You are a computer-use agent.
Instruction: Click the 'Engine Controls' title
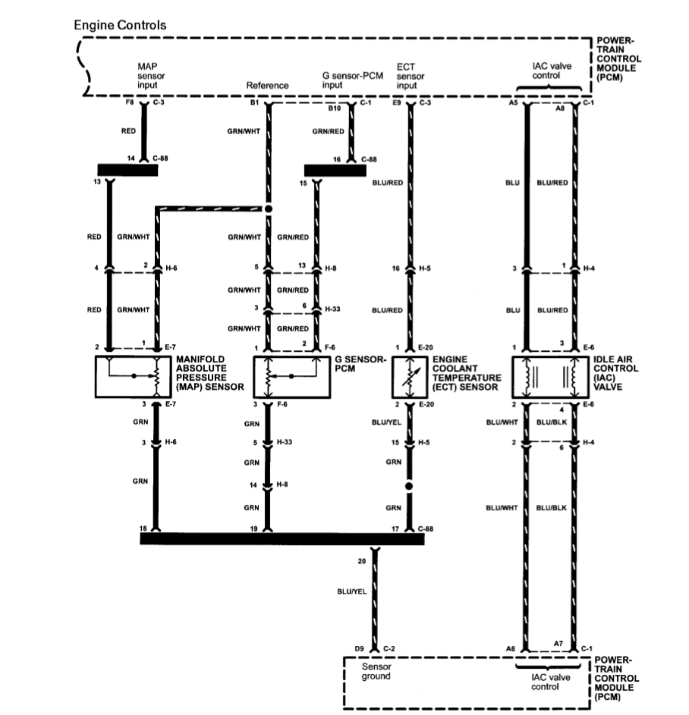[120, 25]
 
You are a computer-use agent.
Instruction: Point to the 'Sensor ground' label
[376, 671]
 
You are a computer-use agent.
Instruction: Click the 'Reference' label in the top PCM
[267, 85]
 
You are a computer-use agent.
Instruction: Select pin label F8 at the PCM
[130, 102]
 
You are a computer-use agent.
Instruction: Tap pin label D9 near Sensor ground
[359, 648]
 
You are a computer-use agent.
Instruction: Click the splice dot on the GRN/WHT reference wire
[269, 209]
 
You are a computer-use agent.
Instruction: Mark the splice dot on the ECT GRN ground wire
[409, 486]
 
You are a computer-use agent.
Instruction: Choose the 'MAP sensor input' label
[150, 76]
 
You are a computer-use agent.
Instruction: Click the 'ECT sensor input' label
[410, 76]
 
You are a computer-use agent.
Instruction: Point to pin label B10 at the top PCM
[335, 108]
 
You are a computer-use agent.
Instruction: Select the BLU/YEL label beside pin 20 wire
[352, 591]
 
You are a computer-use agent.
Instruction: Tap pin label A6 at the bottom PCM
[510, 648]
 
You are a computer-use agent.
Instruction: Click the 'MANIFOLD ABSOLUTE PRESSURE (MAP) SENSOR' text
[210, 373]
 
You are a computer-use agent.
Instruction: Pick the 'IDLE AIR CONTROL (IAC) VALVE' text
[615, 373]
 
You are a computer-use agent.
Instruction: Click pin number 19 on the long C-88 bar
[253, 528]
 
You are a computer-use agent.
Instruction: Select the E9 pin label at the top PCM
[397, 102]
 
